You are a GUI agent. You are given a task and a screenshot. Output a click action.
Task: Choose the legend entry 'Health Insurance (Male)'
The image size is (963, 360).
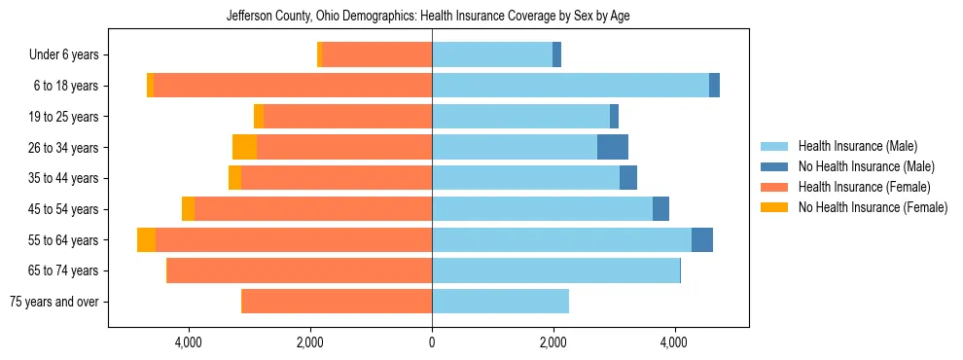coord(857,147)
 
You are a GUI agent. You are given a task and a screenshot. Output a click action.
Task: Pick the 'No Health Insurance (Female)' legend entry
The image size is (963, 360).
coord(873,207)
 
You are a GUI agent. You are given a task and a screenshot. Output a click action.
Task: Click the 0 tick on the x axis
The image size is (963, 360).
coord(432,342)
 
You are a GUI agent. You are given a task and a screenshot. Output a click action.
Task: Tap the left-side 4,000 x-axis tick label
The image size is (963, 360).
coord(188,342)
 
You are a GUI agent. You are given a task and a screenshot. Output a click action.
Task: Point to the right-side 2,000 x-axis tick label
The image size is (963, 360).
coord(553,342)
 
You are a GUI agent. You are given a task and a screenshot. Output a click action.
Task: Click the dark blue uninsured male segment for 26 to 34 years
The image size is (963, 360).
coord(613,147)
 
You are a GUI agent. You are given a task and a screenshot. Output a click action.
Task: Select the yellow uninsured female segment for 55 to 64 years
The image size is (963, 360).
coord(146,240)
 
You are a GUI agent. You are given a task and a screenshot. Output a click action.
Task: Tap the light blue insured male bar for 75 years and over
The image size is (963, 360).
coord(500,302)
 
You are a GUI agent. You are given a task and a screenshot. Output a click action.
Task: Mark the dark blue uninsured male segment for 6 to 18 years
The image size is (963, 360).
coord(714,86)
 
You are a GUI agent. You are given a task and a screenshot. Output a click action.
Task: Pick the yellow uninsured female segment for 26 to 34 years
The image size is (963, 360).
coord(244,147)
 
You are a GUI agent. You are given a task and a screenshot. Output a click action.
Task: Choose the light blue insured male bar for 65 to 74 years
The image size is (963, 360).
coord(555,270)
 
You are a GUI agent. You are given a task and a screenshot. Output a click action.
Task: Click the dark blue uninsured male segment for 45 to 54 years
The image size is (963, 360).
coord(660,209)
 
